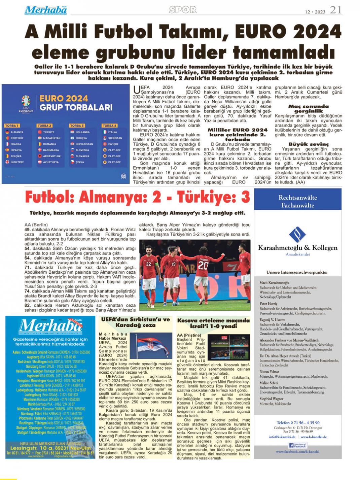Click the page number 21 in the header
pyautogui.click(x=336, y=10)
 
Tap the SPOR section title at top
pyautogui.click(x=183, y=10)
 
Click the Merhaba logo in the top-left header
pyautogui.click(x=45, y=10)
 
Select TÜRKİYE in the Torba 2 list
pyautogui.click(x=48, y=132)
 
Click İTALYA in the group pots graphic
pyautogui.click(x=112, y=132)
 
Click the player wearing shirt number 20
pyautogui.click(x=203, y=269)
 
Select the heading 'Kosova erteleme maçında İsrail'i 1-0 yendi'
pyautogui.click(x=213, y=323)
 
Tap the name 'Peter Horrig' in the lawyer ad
pyautogui.click(x=268, y=303)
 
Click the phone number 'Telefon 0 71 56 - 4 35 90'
pyautogui.click(x=298, y=422)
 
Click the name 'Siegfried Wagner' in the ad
pyautogui.click(x=272, y=399)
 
